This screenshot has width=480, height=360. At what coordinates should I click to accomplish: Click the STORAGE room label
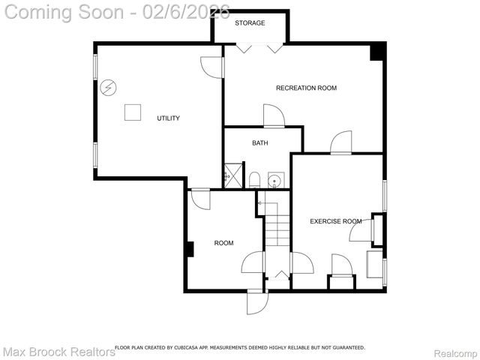[x=250, y=23]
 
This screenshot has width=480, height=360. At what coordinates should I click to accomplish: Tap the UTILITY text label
[x=168, y=118]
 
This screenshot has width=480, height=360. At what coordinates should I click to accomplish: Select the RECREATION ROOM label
[x=306, y=88]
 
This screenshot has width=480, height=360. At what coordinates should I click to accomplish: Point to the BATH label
[x=259, y=143]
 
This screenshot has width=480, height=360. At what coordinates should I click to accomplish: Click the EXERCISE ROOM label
[x=335, y=221]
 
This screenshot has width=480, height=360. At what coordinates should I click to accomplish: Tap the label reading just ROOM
[x=223, y=243]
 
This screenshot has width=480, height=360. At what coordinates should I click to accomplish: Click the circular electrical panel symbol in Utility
[x=109, y=88]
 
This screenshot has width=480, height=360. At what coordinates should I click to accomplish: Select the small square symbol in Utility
[x=133, y=112]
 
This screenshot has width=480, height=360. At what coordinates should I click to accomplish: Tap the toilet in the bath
[x=254, y=180]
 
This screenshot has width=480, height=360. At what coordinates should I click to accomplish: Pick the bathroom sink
[x=275, y=180]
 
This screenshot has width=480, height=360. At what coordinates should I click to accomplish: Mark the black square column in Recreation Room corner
[x=377, y=52]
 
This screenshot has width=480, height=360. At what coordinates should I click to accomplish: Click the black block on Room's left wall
[x=190, y=249]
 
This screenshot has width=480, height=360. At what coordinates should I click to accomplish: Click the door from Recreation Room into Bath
[x=274, y=116]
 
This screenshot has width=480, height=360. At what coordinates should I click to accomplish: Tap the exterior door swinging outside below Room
[x=257, y=301]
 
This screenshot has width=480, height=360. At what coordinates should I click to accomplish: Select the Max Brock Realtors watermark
[x=58, y=352]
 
